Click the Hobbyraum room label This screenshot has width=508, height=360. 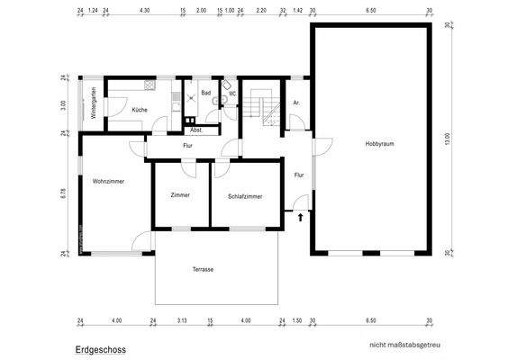coord(379,144)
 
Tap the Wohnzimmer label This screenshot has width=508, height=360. coord(107,182)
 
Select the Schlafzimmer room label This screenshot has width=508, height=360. coord(245,195)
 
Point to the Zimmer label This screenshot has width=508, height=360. coord(180,195)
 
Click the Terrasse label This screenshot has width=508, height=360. coord(203,269)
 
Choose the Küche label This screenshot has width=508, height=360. coord(140,110)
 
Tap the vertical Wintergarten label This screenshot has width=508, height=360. coord(92,103)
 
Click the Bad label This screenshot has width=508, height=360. coord(205,93)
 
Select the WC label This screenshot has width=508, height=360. coord(231,93)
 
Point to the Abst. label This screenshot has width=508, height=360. coord(195,130)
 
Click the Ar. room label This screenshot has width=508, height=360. coord(296,103)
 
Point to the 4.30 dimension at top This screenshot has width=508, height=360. coord(145,11)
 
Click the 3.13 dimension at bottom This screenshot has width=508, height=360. coord(181,320)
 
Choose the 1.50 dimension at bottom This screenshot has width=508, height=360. coord(297,320)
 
